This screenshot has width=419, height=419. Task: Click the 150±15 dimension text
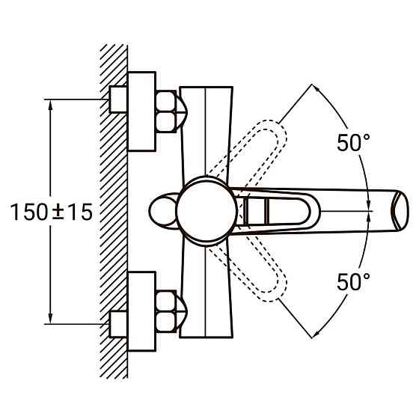coord(52,212)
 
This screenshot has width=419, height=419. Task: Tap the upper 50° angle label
coord(353,143)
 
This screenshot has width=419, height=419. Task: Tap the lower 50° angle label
coord(353,282)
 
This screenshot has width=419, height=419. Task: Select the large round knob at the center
coord(207,211)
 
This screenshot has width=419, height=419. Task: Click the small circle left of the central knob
coord(162,211)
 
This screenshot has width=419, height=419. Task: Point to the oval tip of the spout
coord(400,209)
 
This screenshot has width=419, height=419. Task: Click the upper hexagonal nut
coord(166,111)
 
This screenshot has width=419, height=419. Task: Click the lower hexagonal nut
coord(166,311)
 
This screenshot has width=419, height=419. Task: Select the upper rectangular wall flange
coord(141,111)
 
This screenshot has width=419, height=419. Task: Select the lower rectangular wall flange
coord(141,311)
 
